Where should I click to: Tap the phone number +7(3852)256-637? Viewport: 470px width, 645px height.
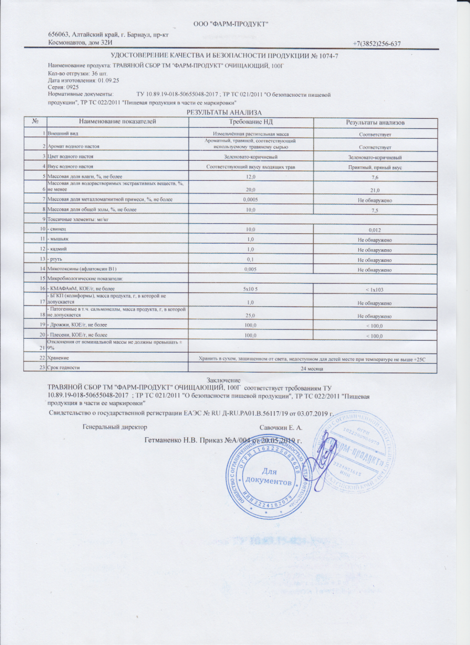[376, 44]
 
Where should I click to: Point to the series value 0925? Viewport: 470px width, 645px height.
[73, 87]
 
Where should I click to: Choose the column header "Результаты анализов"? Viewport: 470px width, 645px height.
[375, 122]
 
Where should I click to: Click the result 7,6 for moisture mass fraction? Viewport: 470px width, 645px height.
[375, 177]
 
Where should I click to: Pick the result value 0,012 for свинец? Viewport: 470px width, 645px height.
[375, 229]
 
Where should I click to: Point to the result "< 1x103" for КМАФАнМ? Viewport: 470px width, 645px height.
[375, 290]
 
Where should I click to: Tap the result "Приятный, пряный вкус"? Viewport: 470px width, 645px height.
[375, 166]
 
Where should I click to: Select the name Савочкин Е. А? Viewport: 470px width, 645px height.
[281, 427]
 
